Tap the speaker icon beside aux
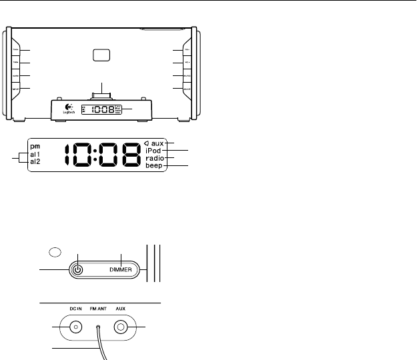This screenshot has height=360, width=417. [x=147, y=143]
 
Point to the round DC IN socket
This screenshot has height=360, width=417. [x=75, y=327]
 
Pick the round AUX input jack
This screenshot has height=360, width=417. [x=121, y=327]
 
